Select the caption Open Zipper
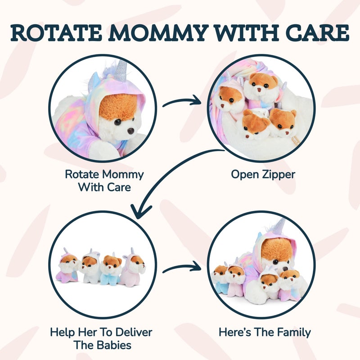(x=263, y=174)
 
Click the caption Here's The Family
(x=265, y=333)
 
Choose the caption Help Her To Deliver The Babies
(x=101, y=338)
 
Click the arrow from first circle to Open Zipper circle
(x=182, y=102)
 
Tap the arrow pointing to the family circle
(x=182, y=268)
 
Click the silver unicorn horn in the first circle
(x=120, y=73)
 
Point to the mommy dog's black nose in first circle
(x=130, y=130)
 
